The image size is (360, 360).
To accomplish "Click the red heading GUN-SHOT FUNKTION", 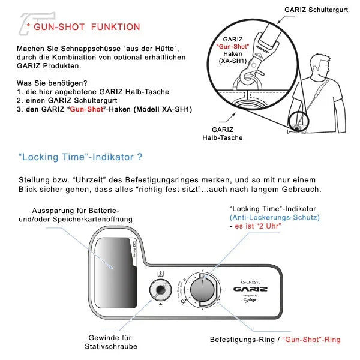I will pyautogui.click(x=86, y=27).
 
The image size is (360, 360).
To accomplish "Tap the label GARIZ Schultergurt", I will pyautogui.click(x=319, y=10).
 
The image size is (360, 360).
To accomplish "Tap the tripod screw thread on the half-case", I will pyautogui.click(x=160, y=290).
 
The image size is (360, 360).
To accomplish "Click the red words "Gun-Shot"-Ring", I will pyautogui.click(x=311, y=340).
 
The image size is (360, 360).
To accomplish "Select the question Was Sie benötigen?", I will pyautogui.click(x=53, y=83).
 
